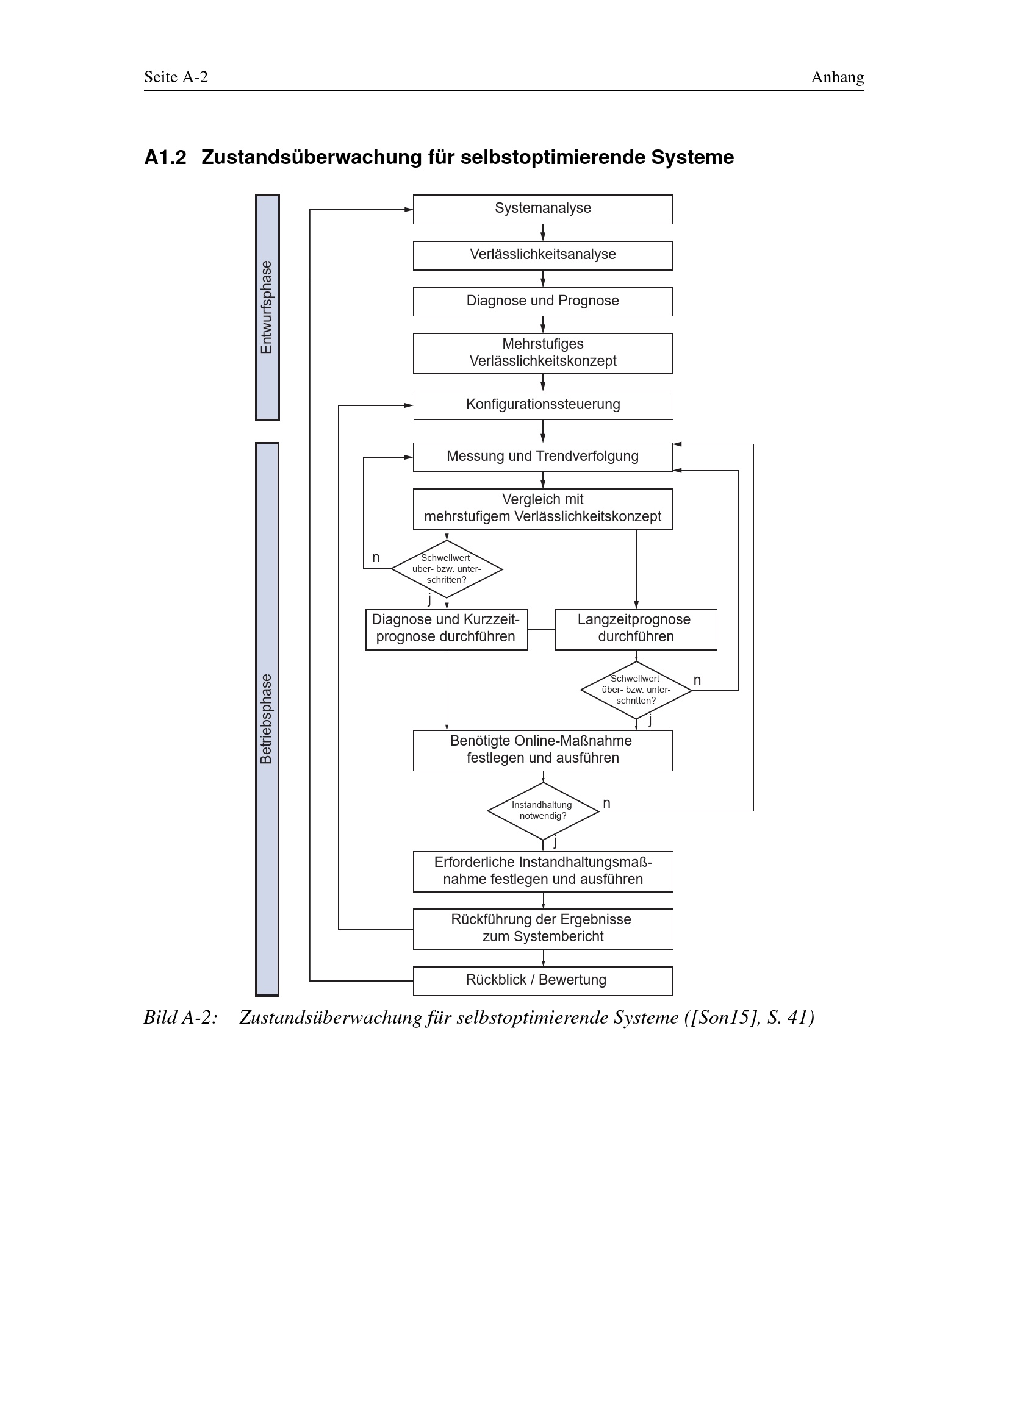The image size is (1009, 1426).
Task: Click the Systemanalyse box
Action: coord(542,209)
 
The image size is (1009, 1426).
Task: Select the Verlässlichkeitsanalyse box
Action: coord(542,255)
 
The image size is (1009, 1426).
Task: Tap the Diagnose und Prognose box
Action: coord(542,301)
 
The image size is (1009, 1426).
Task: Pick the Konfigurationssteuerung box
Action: coord(542,405)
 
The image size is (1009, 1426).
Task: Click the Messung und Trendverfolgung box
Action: coord(542,457)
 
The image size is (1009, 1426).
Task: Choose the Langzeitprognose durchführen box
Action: coord(636,629)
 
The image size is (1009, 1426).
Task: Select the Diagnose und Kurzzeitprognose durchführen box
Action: coord(446,629)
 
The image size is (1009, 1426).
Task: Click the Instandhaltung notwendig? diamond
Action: coord(542,810)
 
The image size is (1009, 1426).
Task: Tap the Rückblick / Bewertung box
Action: coord(542,981)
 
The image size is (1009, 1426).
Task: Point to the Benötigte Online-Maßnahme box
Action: coord(542,750)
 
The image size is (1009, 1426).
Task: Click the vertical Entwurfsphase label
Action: coord(267,307)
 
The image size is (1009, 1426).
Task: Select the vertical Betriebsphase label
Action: coord(267,719)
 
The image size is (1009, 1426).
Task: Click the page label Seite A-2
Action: coord(176,77)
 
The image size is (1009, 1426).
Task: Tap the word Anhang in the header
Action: coord(837,77)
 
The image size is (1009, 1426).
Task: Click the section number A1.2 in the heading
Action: coord(165,157)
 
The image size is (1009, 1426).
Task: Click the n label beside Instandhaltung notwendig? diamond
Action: coord(606,803)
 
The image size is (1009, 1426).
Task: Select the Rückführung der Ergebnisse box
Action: coord(542,929)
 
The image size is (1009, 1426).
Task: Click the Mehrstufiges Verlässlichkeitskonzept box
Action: coord(542,354)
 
